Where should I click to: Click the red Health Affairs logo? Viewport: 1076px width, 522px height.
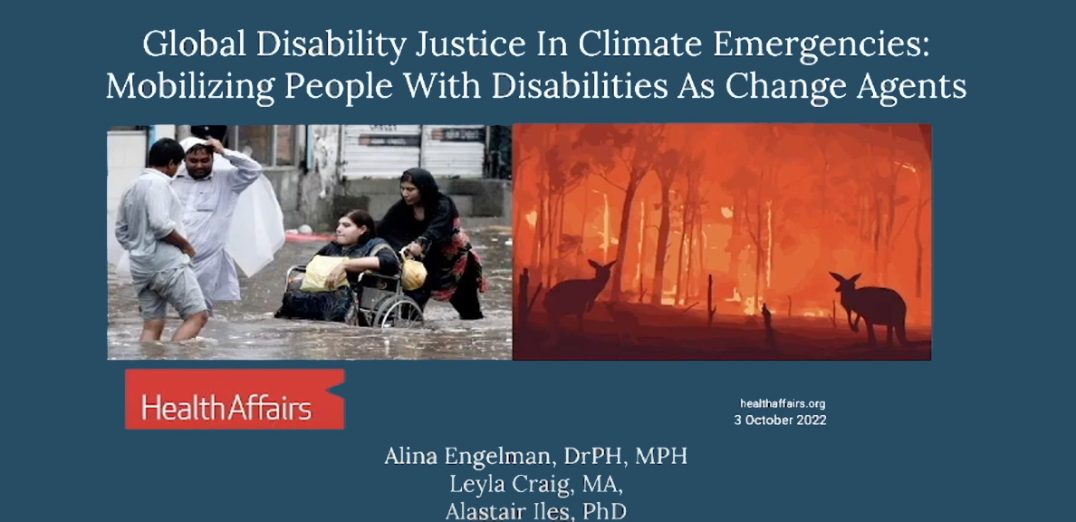pyautogui.click(x=235, y=399)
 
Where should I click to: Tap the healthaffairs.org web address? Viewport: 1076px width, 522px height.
pyautogui.click(x=783, y=404)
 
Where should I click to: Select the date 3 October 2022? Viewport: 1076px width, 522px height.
pyautogui.click(x=780, y=420)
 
